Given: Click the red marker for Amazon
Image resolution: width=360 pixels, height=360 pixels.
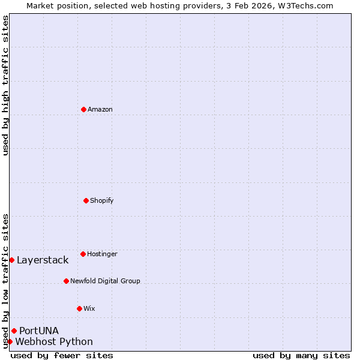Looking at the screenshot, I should click(83, 109).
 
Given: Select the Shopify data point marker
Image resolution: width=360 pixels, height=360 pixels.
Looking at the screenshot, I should click(86, 200).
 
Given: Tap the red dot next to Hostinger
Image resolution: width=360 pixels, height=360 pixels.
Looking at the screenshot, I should click(83, 254).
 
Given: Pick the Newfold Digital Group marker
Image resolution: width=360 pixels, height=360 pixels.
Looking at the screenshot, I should click(66, 281).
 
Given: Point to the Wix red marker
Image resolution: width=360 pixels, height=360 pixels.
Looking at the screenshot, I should click(79, 308).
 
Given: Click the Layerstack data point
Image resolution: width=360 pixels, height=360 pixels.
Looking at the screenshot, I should click(11, 260).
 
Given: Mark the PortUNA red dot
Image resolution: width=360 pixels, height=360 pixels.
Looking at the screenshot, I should click(14, 331).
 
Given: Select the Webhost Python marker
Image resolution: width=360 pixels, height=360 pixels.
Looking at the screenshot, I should click(10, 341).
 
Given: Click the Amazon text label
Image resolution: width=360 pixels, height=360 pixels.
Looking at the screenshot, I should click(100, 109).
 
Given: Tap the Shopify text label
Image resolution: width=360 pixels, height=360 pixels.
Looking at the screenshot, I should click(102, 200).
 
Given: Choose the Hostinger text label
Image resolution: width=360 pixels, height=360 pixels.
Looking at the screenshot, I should click(102, 254).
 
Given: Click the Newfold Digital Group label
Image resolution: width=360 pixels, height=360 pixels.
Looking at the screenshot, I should click(105, 281).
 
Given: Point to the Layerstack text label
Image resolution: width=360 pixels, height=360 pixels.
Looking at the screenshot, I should click(43, 260).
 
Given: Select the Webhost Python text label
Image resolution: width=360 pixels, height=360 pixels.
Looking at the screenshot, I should click(54, 342).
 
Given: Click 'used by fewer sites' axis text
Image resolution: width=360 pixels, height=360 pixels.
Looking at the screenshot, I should click(62, 355).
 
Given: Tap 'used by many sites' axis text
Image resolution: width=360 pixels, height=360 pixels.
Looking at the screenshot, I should click(301, 355).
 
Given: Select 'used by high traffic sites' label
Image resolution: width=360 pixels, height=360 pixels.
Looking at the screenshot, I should click(5, 85).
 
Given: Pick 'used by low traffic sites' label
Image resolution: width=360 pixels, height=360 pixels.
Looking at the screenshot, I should click(5, 280).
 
